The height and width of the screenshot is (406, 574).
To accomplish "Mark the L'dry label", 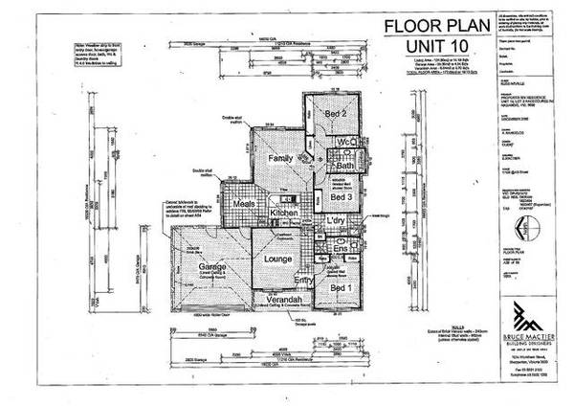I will point(335,222).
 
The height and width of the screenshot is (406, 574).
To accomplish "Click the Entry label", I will point(303,282).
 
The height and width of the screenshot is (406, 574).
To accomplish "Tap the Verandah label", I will point(278,300).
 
